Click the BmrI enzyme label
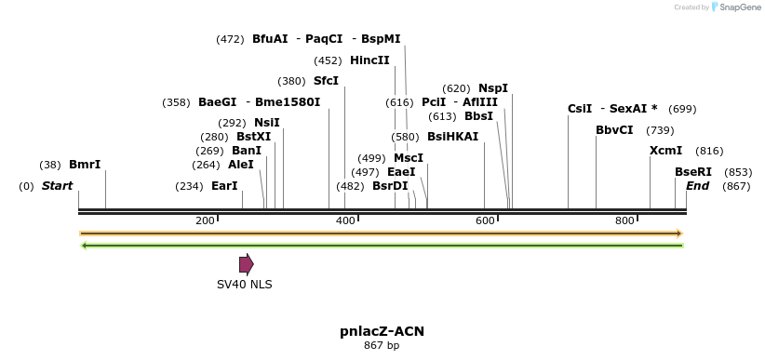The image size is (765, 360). click(x=85, y=165)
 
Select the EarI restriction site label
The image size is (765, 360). click(x=224, y=186)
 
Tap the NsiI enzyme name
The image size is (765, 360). click(x=266, y=123)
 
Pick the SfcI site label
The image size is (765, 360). click(x=326, y=81)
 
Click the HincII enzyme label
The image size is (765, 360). click(x=369, y=60)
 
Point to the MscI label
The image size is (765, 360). click(x=408, y=158)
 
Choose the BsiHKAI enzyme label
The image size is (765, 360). click(x=452, y=137)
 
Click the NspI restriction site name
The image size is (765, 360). click(x=492, y=88)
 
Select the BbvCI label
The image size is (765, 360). click(x=614, y=130)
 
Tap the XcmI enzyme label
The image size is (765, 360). click(x=665, y=151)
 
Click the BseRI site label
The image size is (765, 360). click(x=692, y=172)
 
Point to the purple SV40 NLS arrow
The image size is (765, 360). click(x=246, y=264)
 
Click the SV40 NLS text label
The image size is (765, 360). click(x=245, y=285)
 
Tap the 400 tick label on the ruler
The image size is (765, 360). click(x=345, y=220)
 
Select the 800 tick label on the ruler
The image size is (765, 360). click(x=624, y=220)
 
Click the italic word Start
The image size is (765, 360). click(x=57, y=186)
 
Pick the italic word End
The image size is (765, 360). click(x=697, y=186)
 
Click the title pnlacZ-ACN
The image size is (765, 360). click(x=382, y=331)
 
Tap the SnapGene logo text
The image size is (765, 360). click(x=739, y=7)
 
